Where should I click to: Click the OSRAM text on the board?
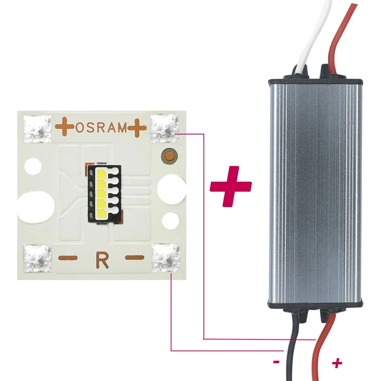pos(101,128)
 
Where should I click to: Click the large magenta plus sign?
pos(231,186)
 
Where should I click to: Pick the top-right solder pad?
pos(165,128)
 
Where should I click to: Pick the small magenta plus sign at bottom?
pos(337,363)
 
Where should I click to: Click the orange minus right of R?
pos(135,258)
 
